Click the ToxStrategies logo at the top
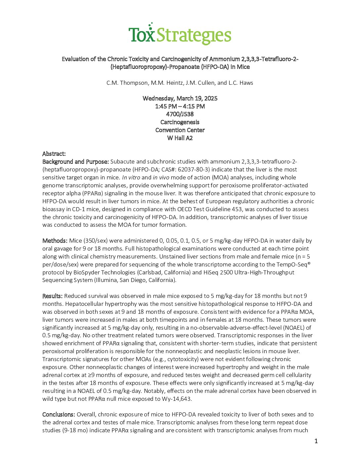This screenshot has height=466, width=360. point(180,34)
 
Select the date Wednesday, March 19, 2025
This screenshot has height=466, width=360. point(180,98)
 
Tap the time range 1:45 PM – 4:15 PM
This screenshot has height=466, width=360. point(180,106)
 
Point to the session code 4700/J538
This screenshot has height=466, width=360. point(180,114)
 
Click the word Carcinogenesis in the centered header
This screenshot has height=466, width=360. point(180,122)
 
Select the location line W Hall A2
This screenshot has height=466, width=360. point(180,138)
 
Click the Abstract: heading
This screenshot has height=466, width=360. point(54,154)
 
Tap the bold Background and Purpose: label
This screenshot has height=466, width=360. point(75,162)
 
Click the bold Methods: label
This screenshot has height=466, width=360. point(55,241)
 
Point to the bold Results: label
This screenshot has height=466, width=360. point(52,296)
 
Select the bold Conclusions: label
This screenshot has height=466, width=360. point(59,414)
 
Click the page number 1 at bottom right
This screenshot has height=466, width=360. point(316,441)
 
